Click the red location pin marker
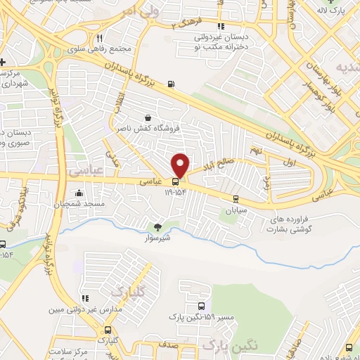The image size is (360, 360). pyautogui.click(x=181, y=165)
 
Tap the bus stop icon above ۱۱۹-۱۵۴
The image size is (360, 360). pyautogui.click(x=176, y=181)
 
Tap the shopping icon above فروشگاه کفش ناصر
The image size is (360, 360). pyautogui.click(x=147, y=118)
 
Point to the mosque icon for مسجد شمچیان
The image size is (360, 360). pyautogui.click(x=79, y=193)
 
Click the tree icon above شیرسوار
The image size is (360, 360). pyautogui.click(x=157, y=226)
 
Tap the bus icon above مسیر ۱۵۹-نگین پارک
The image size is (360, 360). pyautogui.click(x=202, y=307)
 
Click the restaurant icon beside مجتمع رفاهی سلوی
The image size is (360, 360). pyautogui.click(x=100, y=38)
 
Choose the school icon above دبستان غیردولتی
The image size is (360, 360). pyautogui.click(x=223, y=26)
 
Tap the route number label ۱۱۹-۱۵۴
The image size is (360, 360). pyautogui.click(x=176, y=191)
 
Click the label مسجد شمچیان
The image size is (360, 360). pyautogui.click(x=78, y=204)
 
